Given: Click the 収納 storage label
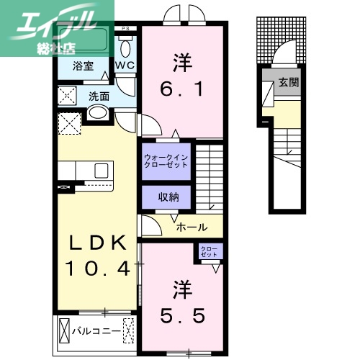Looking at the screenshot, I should (165, 197).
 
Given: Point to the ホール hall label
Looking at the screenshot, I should (192, 225).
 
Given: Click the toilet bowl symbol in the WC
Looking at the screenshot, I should (127, 48).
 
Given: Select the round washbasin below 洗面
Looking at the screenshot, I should (98, 114).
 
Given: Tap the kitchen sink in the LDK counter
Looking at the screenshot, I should (102, 171).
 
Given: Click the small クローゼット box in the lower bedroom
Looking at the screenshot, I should (211, 252).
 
